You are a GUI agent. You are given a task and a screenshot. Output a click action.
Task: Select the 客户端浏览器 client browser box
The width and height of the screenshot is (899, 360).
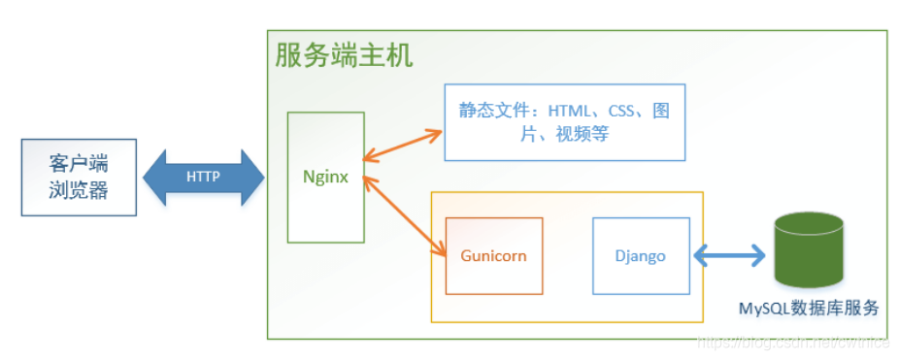(79, 177)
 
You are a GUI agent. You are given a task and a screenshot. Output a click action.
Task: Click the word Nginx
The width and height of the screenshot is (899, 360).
(325, 178)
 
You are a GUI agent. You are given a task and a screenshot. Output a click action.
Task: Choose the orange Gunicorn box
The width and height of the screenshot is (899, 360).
(493, 255)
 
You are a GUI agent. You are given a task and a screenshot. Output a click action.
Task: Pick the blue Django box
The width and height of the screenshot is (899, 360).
(641, 255)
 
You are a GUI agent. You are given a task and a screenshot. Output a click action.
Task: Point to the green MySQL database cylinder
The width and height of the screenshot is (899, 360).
(809, 254)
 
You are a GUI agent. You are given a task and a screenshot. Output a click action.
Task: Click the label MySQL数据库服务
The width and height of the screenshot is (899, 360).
(809, 309)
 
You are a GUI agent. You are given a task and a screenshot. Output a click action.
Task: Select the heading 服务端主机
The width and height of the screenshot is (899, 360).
(344, 55)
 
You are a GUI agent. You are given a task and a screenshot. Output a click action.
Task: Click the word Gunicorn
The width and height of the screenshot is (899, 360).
(493, 256)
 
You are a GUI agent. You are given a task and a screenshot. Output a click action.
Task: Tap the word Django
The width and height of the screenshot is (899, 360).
(641, 256)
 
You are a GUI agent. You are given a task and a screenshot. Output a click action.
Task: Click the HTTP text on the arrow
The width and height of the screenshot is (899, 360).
(203, 178)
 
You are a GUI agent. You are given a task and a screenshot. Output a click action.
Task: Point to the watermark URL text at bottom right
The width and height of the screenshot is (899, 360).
(796, 342)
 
